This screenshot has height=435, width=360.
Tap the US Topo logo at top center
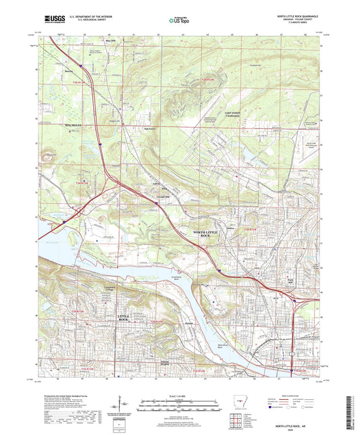click(178, 20)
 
